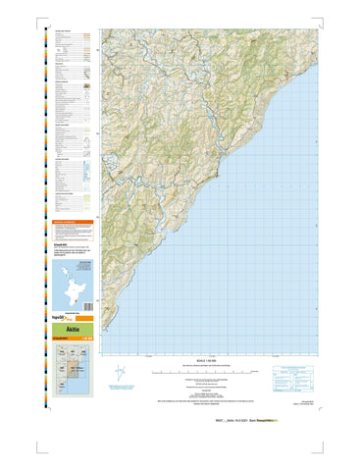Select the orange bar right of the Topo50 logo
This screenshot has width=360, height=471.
pyautogui.click(x=86, y=319)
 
